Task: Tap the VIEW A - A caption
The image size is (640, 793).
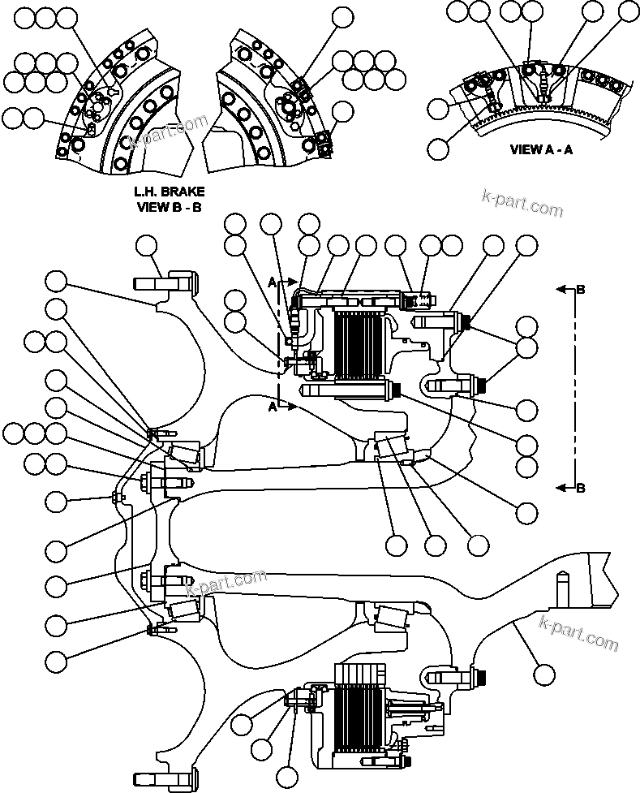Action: [541, 149]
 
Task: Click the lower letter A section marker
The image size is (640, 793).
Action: [272, 409]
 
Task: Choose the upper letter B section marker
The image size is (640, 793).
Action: [580, 289]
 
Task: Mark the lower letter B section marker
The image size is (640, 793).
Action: [580, 488]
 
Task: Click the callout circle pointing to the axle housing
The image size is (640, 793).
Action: [544, 673]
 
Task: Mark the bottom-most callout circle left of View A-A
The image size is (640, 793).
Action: [437, 149]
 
